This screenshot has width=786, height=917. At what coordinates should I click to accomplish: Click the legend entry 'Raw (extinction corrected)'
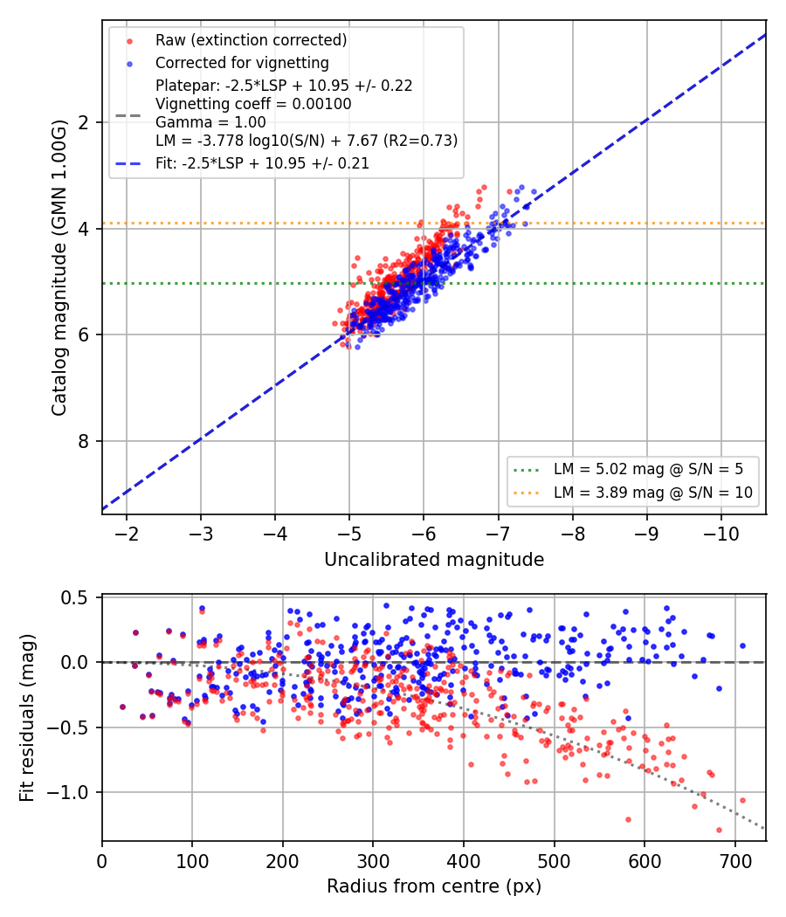[251, 40]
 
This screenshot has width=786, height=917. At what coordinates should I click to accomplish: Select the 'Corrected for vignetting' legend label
[242, 63]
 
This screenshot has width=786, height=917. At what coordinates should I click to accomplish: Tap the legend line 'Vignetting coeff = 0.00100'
[253, 104]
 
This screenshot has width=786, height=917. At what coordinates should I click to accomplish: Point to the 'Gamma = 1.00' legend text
[210, 122]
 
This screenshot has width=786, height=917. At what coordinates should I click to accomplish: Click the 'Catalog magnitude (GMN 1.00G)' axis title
[59, 268]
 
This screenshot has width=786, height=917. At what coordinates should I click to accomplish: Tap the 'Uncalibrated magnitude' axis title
[434, 560]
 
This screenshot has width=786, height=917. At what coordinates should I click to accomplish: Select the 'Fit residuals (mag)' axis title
[27, 718]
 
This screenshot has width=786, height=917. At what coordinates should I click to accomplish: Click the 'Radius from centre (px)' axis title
[434, 886]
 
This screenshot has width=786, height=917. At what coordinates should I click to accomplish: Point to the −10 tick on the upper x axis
[721, 534]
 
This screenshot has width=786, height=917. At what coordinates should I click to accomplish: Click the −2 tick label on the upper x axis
[127, 534]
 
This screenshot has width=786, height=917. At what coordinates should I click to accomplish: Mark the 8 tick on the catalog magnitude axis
[83, 441]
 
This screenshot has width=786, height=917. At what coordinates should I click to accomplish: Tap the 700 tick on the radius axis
[734, 861]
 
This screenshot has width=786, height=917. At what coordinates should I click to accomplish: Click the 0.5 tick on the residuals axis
[74, 597]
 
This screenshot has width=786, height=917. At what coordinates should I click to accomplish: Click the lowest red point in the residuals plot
[719, 830]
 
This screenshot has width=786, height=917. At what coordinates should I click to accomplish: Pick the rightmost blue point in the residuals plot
[742, 645]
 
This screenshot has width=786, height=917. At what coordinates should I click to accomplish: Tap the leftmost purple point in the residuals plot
[123, 707]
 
